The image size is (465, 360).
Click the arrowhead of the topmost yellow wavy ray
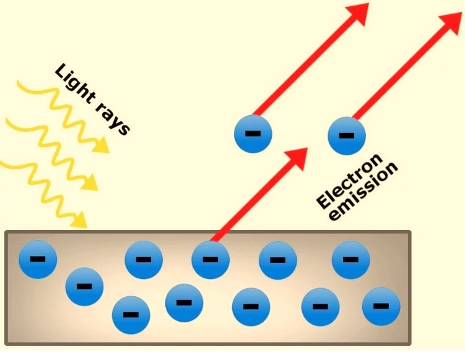pyautogui.click(x=100, y=145)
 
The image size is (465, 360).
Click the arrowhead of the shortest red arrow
pyautogui.click(x=298, y=157)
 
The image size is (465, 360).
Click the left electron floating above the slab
pyautogui.click(x=253, y=133)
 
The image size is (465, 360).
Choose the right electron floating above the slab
pyautogui.click(x=347, y=135)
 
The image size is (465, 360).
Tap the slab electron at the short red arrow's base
pyautogui.click(x=211, y=259)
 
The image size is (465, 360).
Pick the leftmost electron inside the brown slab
pyautogui.click(x=38, y=259)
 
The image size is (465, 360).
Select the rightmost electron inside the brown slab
pyautogui.click(x=381, y=306)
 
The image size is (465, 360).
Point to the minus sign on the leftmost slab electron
pyautogui.click(x=38, y=259)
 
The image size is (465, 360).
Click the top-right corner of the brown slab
pyautogui.click(x=410, y=233)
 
